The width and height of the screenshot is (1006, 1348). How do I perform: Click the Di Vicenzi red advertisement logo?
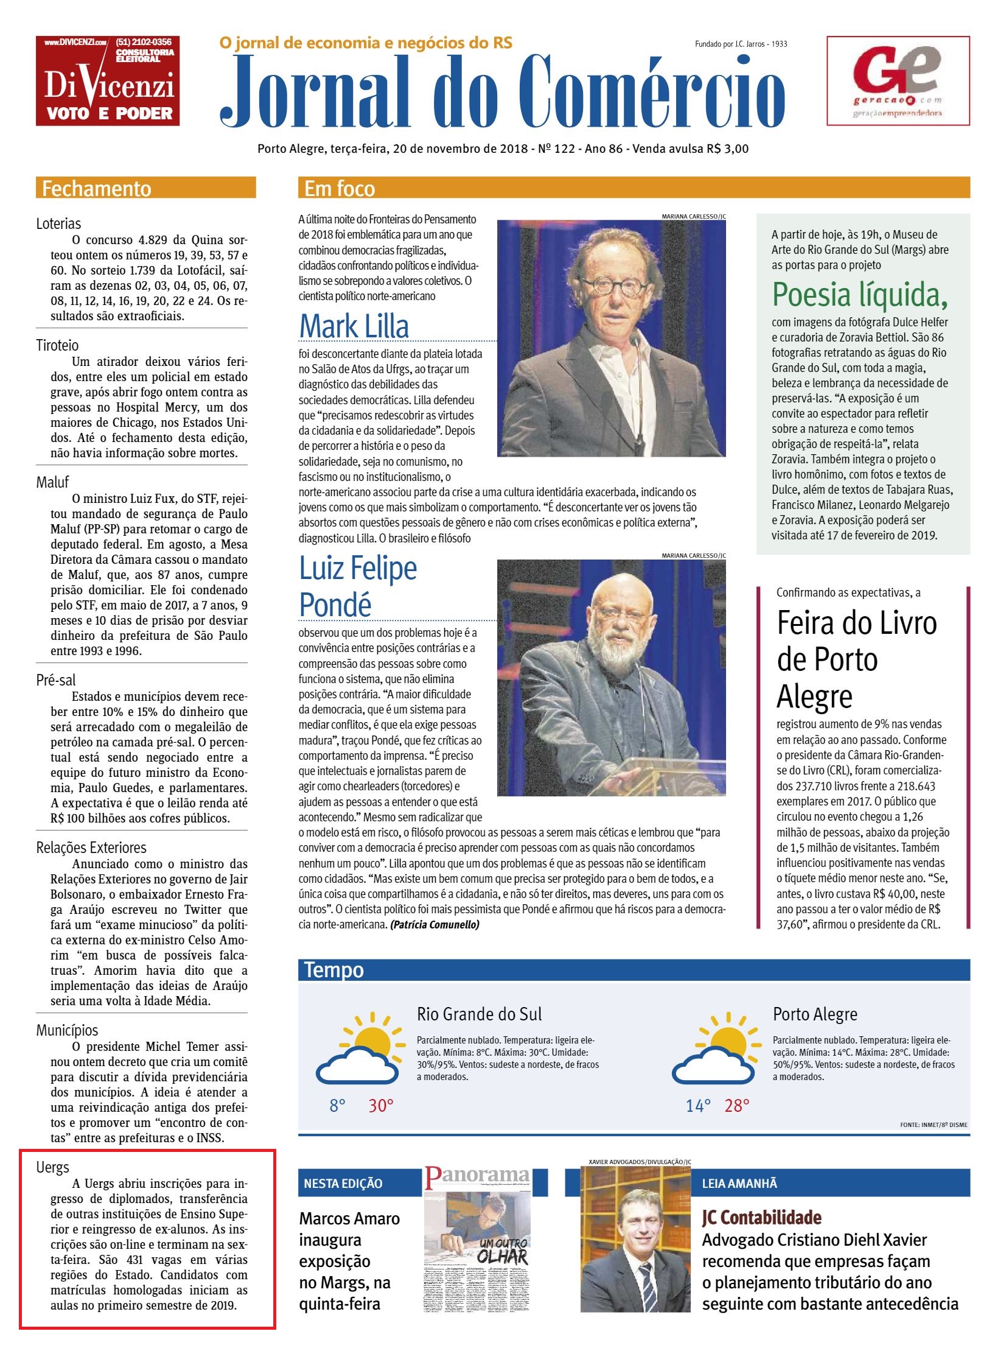[108, 81]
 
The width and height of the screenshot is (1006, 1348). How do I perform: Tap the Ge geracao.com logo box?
[898, 81]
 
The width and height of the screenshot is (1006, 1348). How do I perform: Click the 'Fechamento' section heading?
[96, 188]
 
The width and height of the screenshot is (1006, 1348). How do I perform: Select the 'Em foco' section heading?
[339, 188]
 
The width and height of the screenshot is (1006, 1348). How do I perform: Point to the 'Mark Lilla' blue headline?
[354, 326]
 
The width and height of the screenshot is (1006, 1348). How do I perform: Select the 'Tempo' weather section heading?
[333, 969]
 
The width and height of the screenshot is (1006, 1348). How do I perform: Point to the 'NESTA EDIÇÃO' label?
[343, 1184]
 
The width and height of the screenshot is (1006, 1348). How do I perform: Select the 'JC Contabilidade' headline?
[761, 1218]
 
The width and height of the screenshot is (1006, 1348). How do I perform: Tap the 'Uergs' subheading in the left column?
[52, 1167]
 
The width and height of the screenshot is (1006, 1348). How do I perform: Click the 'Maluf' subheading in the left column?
[52, 482]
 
